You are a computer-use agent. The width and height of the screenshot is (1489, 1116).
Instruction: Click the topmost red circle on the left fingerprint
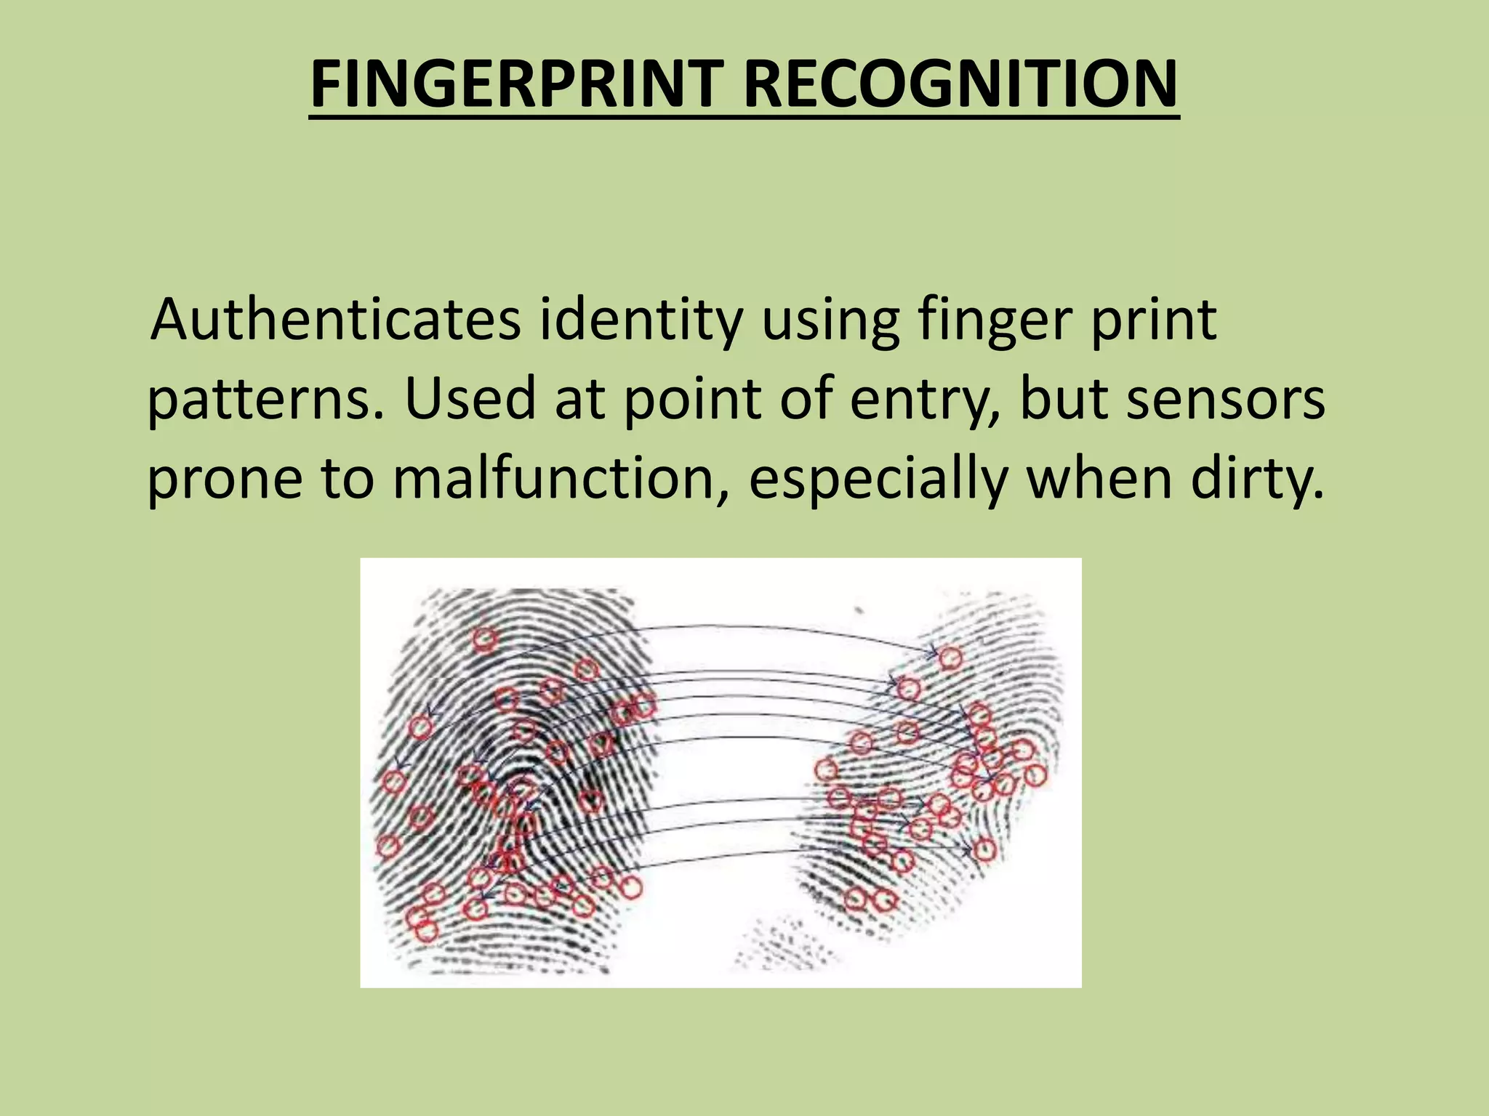(x=485, y=639)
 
